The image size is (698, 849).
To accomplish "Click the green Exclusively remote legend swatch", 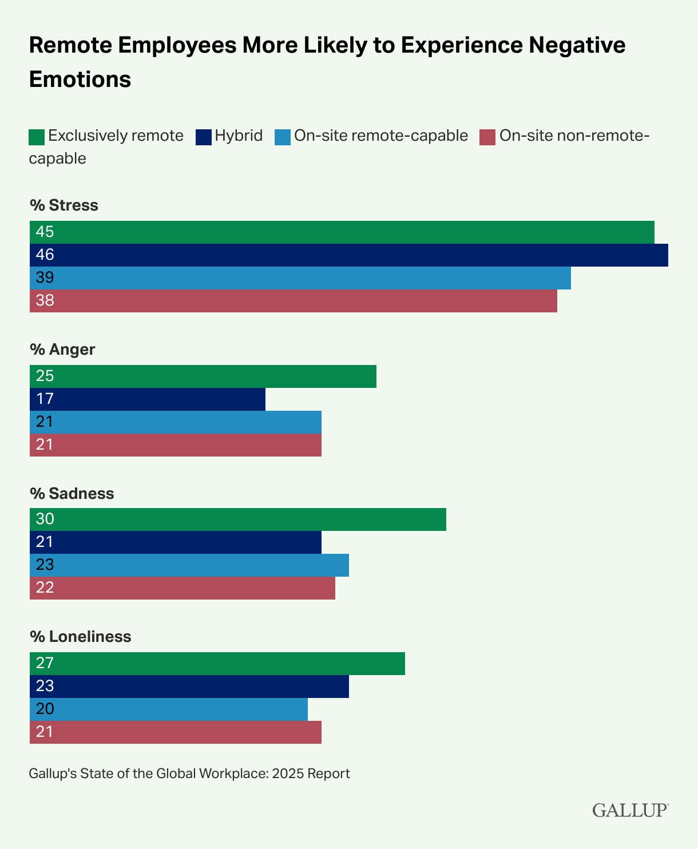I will (x=37, y=137).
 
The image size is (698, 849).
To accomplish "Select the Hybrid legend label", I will (x=239, y=136).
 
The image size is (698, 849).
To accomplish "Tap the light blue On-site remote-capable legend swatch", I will (x=281, y=137).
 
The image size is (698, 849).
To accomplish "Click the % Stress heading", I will (x=64, y=205).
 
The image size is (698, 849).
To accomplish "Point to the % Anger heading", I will (x=62, y=350).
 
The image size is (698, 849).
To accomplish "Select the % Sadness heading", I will (x=72, y=493).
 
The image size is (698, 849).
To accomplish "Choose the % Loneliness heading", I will (x=80, y=637).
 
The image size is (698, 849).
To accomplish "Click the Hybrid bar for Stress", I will (x=349, y=255).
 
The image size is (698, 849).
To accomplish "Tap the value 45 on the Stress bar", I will (x=45, y=232).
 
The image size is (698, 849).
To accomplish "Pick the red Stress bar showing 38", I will (x=293, y=301).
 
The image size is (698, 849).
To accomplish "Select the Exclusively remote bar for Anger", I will (x=203, y=376).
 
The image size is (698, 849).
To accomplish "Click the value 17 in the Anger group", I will (x=45, y=399).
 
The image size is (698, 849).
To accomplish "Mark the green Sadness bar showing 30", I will (x=237, y=519).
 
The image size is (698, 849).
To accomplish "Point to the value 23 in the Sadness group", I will (x=45, y=565).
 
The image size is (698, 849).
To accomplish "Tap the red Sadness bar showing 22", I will (x=182, y=588).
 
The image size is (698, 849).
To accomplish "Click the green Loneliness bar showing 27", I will (x=217, y=664).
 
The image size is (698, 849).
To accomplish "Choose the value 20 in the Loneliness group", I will (x=45, y=709).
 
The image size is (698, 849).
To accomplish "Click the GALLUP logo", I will (x=630, y=810).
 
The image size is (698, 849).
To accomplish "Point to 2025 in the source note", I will (x=288, y=774).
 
